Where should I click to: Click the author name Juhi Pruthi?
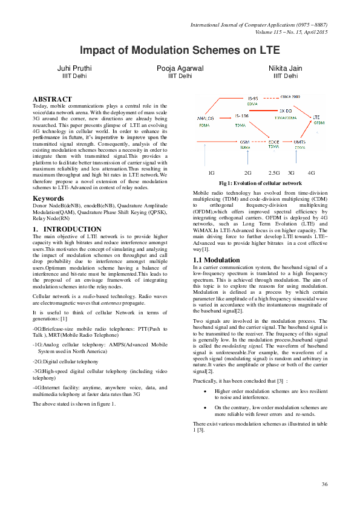click(x=74, y=68)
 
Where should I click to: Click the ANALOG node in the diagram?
click(x=206, y=117)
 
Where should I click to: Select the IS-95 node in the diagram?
click(x=254, y=98)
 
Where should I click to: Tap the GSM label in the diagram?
click(x=245, y=141)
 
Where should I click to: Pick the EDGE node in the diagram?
click(x=273, y=141)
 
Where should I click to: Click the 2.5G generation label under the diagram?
click(x=274, y=173)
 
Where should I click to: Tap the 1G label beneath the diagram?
click(x=211, y=173)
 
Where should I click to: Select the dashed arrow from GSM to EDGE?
click(x=259, y=142)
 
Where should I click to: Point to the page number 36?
click(x=324, y=484)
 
